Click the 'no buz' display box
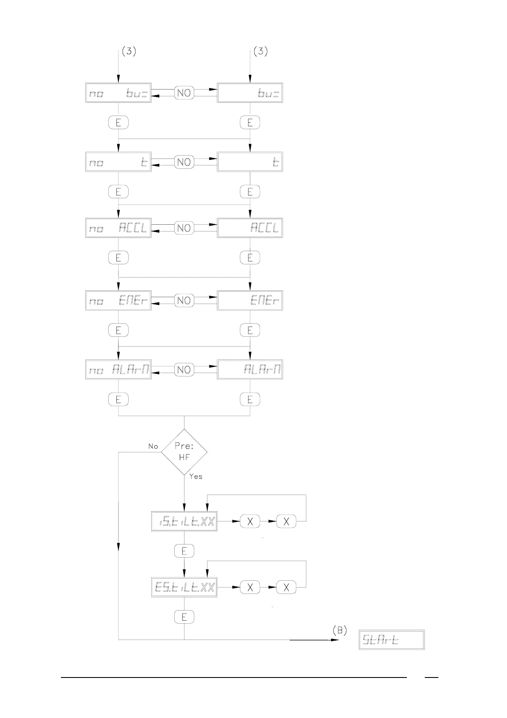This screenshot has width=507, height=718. (118, 93)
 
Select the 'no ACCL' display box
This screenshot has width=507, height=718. (118, 228)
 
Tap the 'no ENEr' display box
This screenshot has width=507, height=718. (118, 301)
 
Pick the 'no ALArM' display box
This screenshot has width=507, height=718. (118, 370)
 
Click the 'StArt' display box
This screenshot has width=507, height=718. (392, 640)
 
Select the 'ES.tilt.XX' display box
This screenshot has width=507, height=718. (184, 587)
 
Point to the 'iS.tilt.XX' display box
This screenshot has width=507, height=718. (184, 521)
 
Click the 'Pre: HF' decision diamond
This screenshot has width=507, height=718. (184, 452)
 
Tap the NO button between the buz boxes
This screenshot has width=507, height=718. (184, 93)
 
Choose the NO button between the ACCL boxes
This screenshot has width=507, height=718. (184, 228)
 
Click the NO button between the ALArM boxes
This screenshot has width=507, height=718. (184, 370)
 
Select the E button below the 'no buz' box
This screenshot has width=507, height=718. (118, 123)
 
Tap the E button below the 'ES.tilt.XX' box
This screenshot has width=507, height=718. (184, 617)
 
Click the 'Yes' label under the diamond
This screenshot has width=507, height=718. (196, 477)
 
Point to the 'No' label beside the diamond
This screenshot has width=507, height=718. (153, 446)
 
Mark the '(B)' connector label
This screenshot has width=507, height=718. (340, 630)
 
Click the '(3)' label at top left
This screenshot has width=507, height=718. (129, 51)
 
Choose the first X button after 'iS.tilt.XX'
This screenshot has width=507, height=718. (250, 521)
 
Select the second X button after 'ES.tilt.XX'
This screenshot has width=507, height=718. (286, 587)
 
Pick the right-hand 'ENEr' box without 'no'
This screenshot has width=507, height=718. (250, 301)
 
